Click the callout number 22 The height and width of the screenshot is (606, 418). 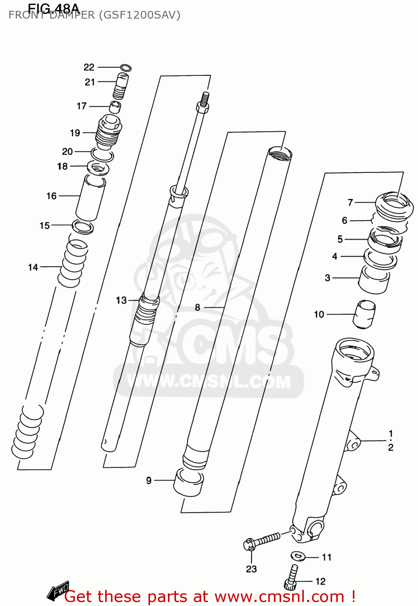click(x=89, y=67)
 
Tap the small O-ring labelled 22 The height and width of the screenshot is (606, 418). click(x=126, y=68)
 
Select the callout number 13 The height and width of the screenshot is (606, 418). click(x=121, y=300)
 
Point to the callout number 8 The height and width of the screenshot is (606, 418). click(x=197, y=307)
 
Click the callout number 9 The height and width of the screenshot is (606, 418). click(x=149, y=480)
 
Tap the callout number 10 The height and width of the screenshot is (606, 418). click(x=319, y=314)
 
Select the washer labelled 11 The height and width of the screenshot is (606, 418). click(x=299, y=556)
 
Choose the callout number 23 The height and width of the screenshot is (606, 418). click(x=251, y=569)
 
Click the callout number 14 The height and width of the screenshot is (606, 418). click(x=33, y=267)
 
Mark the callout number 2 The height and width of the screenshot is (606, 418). click(x=390, y=447)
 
